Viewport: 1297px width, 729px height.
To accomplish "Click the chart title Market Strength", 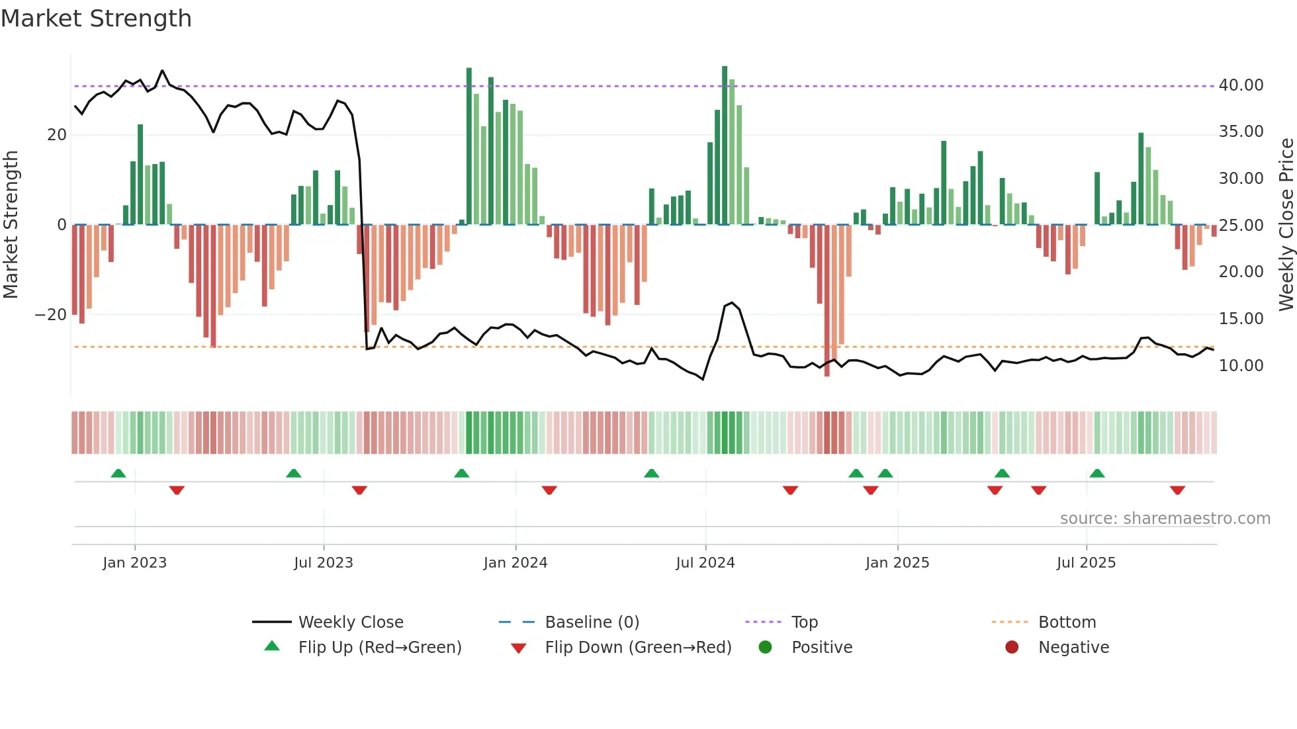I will tap(96, 19).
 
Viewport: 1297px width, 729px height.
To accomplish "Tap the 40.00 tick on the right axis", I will tap(1241, 85).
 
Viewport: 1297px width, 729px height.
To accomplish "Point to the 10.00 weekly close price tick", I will tap(1241, 366).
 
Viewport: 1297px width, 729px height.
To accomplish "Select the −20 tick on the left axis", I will tap(51, 315).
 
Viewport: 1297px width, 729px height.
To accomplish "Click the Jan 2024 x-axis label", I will tap(515, 563).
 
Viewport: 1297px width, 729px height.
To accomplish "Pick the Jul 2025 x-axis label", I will tap(1086, 563).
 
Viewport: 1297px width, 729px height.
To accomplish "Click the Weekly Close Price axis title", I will tap(1286, 225).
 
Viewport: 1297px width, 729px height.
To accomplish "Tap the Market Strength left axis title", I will tap(11, 225).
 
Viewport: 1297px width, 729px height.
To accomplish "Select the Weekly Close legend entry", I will tap(350, 622).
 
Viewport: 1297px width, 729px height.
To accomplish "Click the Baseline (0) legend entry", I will tap(592, 622).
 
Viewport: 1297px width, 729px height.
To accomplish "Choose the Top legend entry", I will tap(805, 622).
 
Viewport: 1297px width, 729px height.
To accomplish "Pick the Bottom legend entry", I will tap(1067, 622).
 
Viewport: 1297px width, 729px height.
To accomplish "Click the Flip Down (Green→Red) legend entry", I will tap(638, 648).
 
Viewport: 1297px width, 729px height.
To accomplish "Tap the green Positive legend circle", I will tap(766, 648).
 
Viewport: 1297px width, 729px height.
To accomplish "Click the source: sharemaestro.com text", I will tap(1165, 519).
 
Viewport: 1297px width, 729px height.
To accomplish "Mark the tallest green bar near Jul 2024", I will tap(725, 146).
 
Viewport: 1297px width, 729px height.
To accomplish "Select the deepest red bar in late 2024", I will tap(827, 301).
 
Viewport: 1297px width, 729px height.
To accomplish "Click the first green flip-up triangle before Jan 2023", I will tap(118, 474).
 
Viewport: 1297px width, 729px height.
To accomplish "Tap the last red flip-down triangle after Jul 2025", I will tap(1177, 490).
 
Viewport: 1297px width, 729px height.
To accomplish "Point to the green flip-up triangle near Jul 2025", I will tap(1097, 474).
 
